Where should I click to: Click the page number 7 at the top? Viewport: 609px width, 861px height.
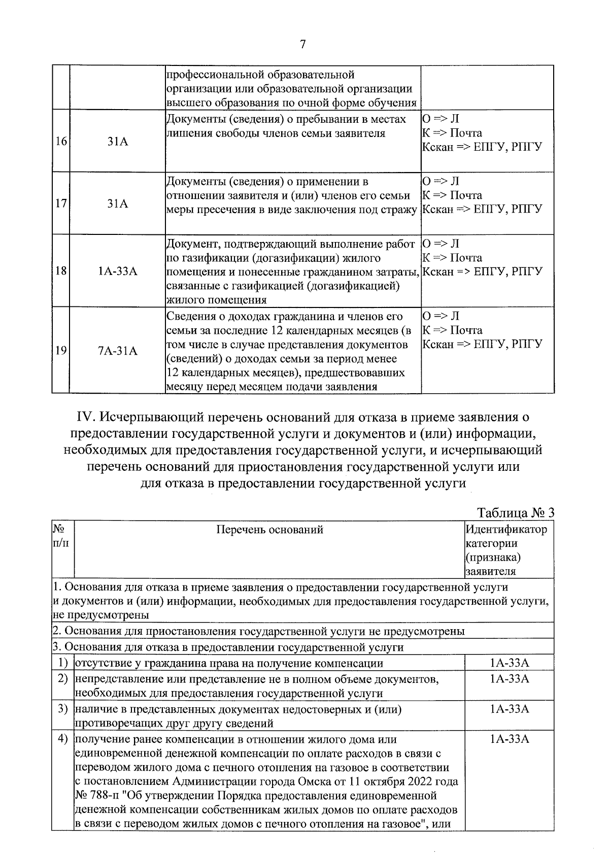tap(303, 45)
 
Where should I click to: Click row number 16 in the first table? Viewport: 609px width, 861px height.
tap(60, 142)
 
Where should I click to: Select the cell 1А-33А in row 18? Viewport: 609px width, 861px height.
tap(118, 271)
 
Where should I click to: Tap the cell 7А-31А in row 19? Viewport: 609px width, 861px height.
tap(118, 351)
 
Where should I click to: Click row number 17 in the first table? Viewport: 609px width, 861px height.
tap(60, 204)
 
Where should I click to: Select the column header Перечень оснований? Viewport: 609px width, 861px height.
tap(269, 530)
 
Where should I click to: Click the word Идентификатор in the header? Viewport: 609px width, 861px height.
tap(506, 530)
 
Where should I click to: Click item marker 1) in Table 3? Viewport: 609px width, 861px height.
tap(63, 663)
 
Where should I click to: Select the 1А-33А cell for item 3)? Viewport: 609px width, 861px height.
tap(509, 709)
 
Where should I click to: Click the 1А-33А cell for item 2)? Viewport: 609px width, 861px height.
tap(509, 679)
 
